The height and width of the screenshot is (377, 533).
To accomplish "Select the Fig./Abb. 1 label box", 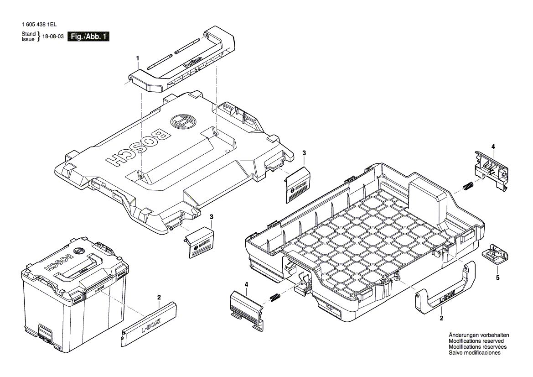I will tap(88, 37).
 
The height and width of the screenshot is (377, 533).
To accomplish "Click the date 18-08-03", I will tap(53, 37).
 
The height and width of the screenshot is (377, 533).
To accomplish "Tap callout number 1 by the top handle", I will tap(137, 58).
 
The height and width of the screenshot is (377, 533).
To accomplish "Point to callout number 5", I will tap(497, 277).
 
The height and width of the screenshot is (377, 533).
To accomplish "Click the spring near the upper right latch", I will tap(467, 186).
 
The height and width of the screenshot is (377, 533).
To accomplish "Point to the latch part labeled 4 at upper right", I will tap(491, 169).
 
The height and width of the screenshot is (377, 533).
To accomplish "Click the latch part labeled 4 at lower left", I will tap(247, 309).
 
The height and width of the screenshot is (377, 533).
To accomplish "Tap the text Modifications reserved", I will tap(476, 341).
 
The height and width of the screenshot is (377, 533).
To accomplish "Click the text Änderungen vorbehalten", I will tap(479, 335).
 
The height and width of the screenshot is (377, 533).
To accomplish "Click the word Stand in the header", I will tap(29, 34).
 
